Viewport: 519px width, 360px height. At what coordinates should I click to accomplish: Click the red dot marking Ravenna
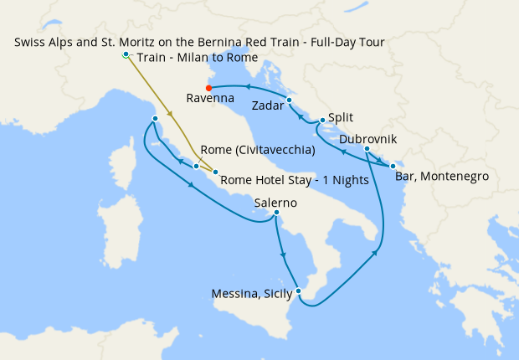208,86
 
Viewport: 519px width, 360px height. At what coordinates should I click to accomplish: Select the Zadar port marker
289,100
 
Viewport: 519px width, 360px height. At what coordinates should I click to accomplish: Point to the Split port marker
321,122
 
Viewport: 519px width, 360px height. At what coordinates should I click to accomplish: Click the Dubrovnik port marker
367,149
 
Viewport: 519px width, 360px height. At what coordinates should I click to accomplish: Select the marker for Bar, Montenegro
393,166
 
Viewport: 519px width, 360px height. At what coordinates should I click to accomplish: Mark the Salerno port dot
276,213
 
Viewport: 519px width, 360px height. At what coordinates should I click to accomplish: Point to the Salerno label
275,203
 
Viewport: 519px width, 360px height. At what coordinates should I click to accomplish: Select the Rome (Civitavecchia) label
258,151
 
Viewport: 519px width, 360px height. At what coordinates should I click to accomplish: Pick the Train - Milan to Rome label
197,57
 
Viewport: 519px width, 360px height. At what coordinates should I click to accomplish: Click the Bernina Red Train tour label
199,42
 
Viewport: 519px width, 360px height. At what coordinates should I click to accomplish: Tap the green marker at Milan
126,54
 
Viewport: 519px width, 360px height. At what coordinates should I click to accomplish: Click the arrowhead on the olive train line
170,114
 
